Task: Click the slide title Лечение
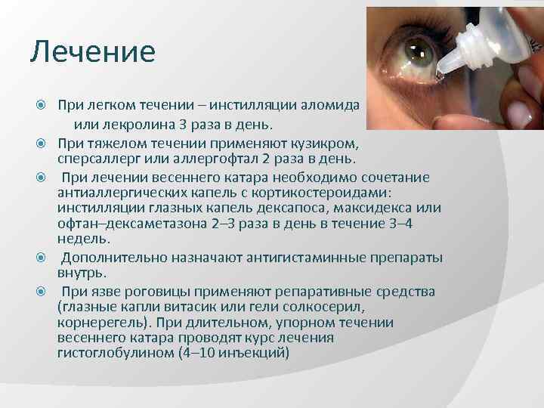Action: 93,52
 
